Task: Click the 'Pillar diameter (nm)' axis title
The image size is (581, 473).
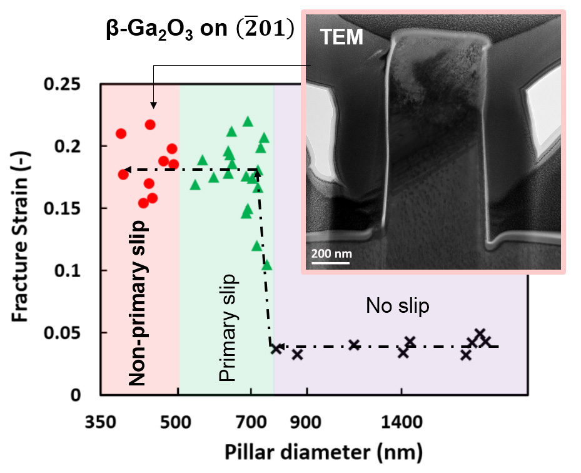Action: tap(316, 450)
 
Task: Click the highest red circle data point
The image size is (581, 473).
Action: tap(150, 125)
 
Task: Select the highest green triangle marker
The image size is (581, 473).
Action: tap(248, 121)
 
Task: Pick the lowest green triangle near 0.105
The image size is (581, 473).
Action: tap(267, 265)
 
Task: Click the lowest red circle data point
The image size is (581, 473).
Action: tap(143, 203)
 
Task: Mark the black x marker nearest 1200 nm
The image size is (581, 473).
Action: tap(354, 345)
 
